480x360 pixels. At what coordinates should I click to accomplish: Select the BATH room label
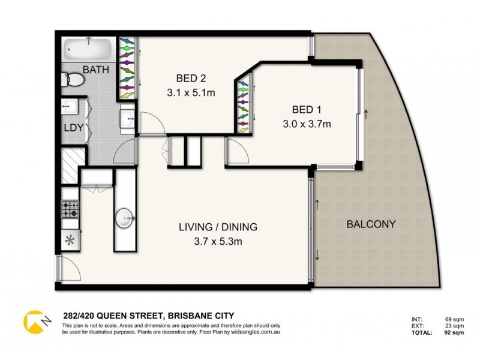click(96, 70)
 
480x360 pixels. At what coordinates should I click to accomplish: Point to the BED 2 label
click(191, 78)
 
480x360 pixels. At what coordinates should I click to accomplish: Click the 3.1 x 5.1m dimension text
click(191, 93)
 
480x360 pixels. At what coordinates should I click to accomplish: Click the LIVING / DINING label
click(218, 227)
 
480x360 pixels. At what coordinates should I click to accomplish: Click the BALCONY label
click(371, 224)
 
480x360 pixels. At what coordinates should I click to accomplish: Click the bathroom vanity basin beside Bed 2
click(128, 118)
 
